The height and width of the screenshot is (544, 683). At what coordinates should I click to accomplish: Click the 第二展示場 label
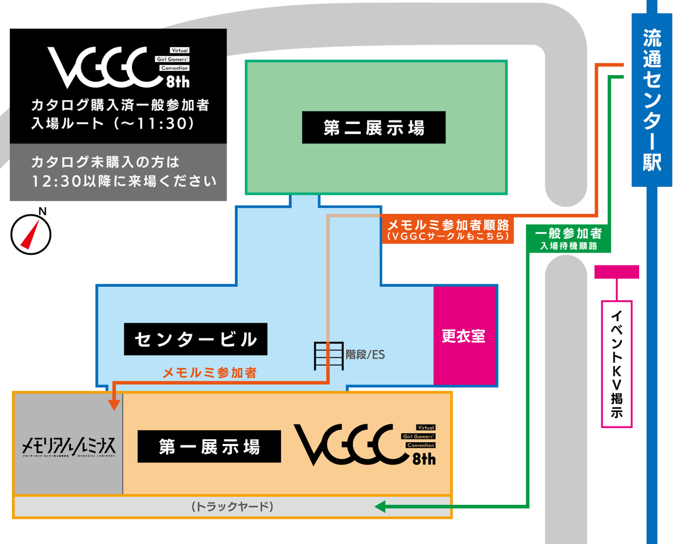point(374,128)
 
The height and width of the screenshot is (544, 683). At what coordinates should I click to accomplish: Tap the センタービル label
point(195,340)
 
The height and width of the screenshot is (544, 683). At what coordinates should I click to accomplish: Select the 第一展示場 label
point(209,446)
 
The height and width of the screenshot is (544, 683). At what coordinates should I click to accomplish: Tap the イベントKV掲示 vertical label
point(616,364)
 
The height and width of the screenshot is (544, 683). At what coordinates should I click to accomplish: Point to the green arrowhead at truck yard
point(380,506)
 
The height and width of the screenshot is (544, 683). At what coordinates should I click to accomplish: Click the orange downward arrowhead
point(113,404)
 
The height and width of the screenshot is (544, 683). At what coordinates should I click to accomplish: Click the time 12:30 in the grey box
point(56,182)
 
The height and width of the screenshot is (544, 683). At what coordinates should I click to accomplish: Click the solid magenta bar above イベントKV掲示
point(616,272)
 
